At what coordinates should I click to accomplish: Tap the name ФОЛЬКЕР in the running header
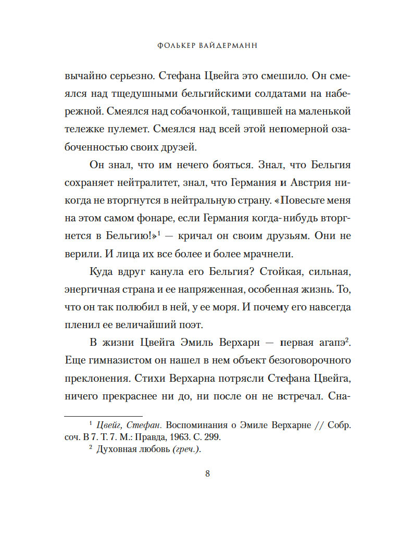point(176,45)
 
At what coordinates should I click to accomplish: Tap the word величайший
point(146,324)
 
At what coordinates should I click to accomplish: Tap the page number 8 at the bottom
point(207,473)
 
